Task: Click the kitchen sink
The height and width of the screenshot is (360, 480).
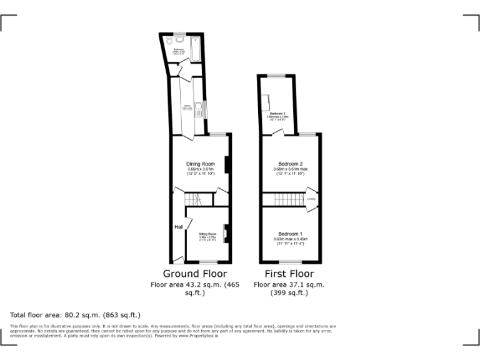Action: [x=198, y=111]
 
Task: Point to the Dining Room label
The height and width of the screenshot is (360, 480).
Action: [x=201, y=164]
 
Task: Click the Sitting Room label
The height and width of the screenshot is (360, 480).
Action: [x=207, y=234]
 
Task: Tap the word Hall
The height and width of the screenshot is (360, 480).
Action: [x=179, y=227]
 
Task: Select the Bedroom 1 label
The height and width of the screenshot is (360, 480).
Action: [x=289, y=234]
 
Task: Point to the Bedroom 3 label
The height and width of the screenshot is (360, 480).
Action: [x=277, y=113]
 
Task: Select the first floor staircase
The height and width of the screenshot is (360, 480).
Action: [x=289, y=200]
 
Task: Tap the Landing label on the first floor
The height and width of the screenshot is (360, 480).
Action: [x=311, y=199]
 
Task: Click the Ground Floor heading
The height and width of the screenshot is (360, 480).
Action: [x=195, y=274]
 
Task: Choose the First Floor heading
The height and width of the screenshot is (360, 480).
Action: [x=289, y=274]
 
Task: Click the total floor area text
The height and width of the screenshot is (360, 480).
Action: [x=75, y=315]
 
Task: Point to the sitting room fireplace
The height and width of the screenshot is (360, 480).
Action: [x=226, y=233]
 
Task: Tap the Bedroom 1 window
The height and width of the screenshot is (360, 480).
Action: [x=289, y=262]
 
